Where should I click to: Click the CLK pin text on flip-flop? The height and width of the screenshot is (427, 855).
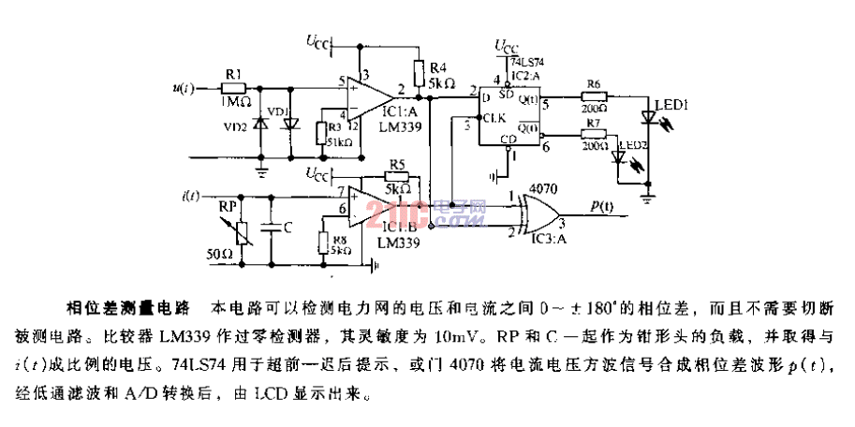(494, 118)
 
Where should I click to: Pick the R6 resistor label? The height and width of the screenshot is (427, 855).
(592, 84)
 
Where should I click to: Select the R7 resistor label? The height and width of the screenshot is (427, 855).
(592, 123)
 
